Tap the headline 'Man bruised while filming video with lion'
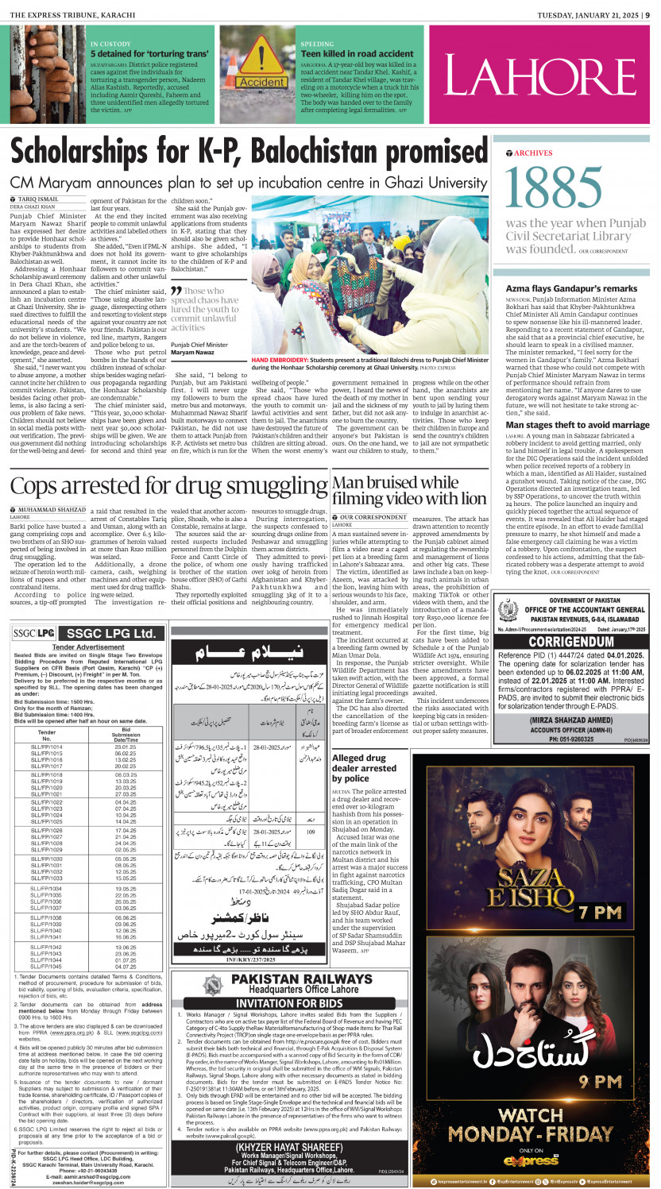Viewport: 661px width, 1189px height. coord(408,490)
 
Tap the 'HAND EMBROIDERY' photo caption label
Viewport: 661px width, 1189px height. coord(277,359)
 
